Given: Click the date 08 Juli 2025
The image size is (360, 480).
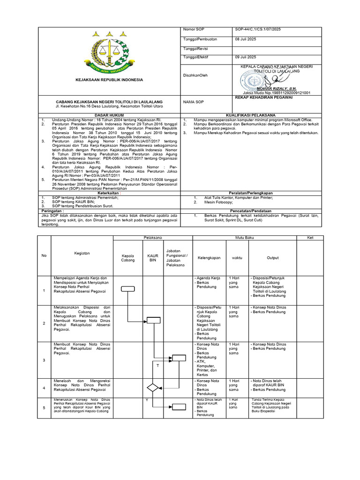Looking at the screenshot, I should [245, 39].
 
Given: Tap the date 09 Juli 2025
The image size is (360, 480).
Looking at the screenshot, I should [245, 57].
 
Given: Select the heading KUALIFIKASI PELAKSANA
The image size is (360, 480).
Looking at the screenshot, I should [251, 114].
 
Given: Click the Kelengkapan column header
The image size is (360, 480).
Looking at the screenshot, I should [209, 257].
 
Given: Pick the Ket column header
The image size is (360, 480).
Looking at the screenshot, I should [309, 238].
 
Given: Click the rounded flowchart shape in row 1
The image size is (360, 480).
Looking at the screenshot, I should [127, 289].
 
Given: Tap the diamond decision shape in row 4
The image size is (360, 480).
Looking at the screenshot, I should [153, 388].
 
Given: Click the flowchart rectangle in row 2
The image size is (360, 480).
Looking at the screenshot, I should [153, 321].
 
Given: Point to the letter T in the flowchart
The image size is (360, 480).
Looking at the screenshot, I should [157, 365].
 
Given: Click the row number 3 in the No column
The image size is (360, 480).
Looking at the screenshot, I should [44, 360].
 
